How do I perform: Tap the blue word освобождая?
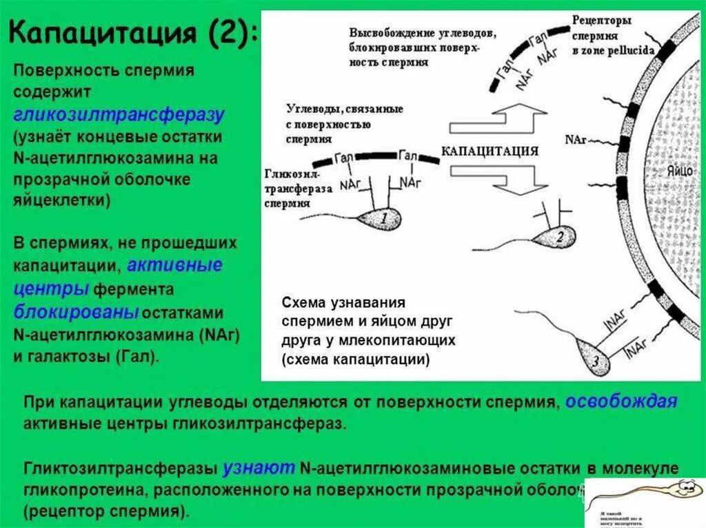point(621,402)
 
